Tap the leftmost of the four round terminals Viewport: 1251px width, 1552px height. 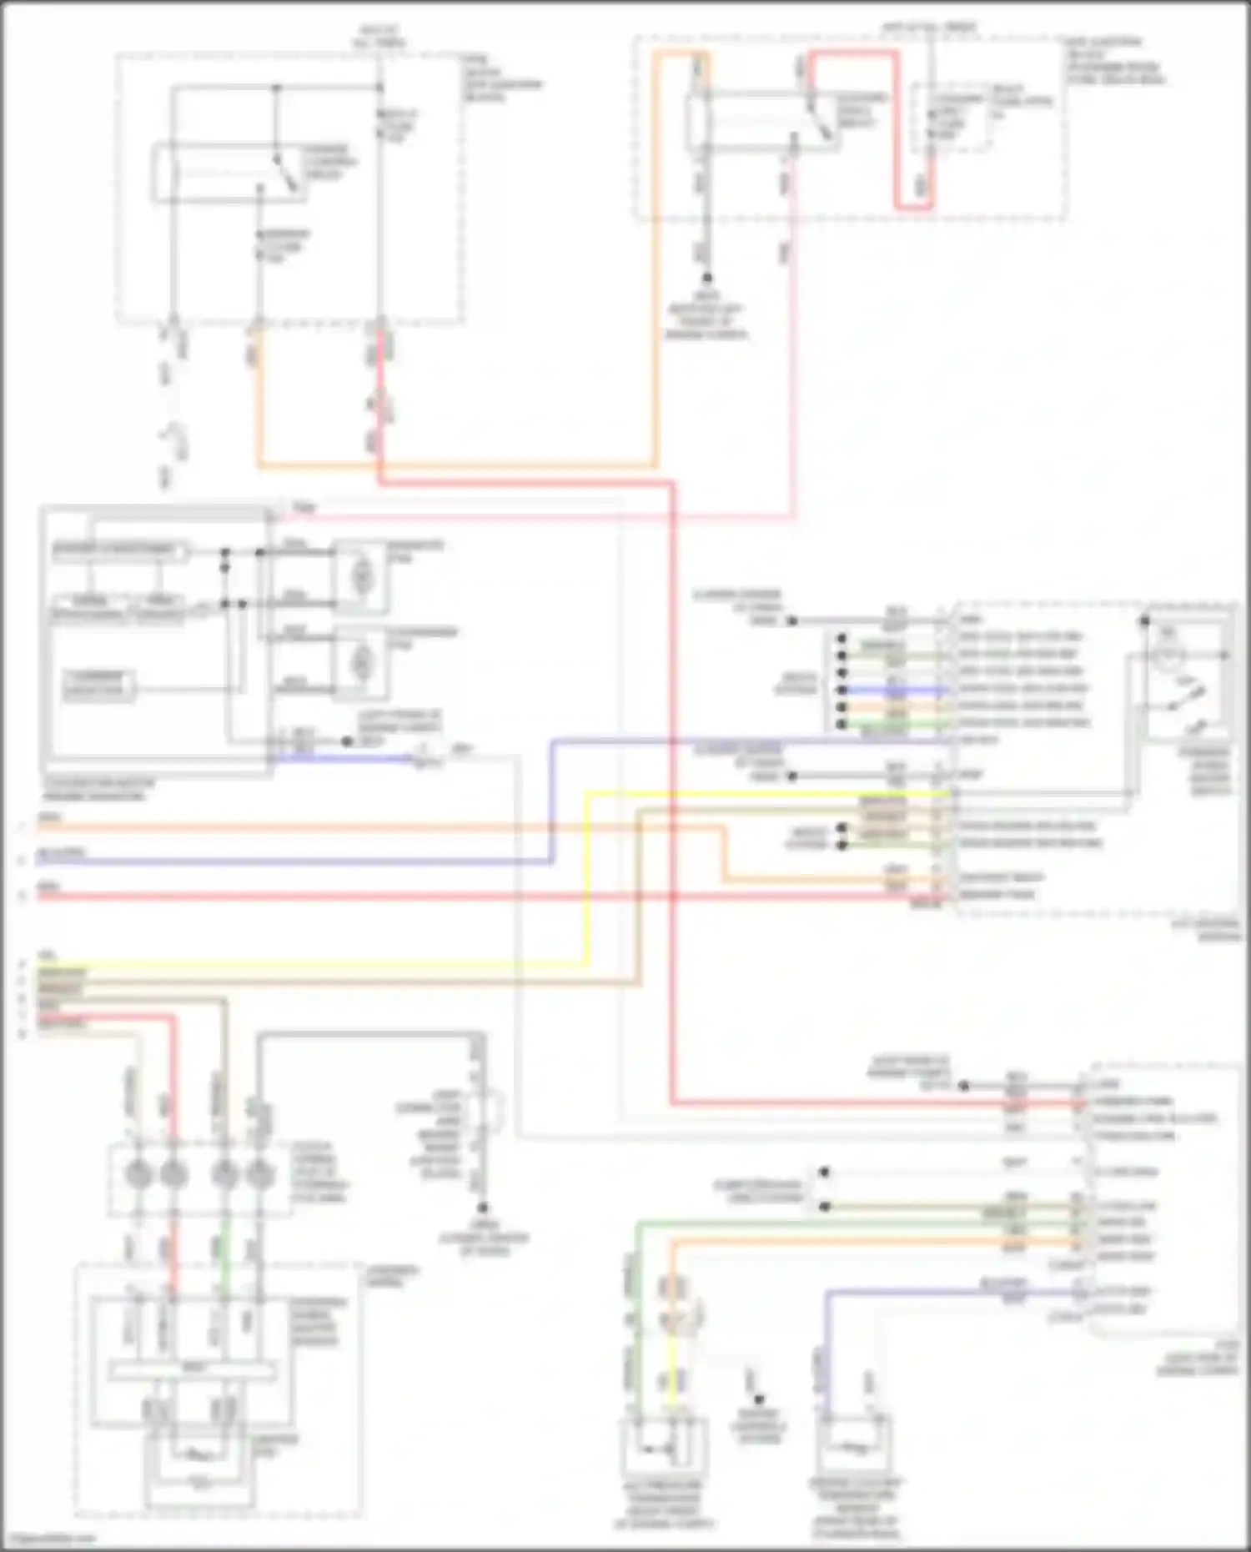(134, 1174)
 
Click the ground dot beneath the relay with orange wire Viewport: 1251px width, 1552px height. (706, 278)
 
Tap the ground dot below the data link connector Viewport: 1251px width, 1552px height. (482, 1208)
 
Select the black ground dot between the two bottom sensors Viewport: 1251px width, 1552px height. (758, 1399)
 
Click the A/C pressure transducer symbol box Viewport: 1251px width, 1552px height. (664, 1449)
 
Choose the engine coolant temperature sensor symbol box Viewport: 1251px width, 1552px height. (854, 1448)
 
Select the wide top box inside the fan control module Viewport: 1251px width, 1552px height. (118, 550)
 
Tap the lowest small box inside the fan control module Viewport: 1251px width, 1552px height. (98, 685)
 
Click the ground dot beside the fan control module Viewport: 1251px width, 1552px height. (347, 741)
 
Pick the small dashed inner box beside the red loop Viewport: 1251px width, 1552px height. (951, 117)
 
